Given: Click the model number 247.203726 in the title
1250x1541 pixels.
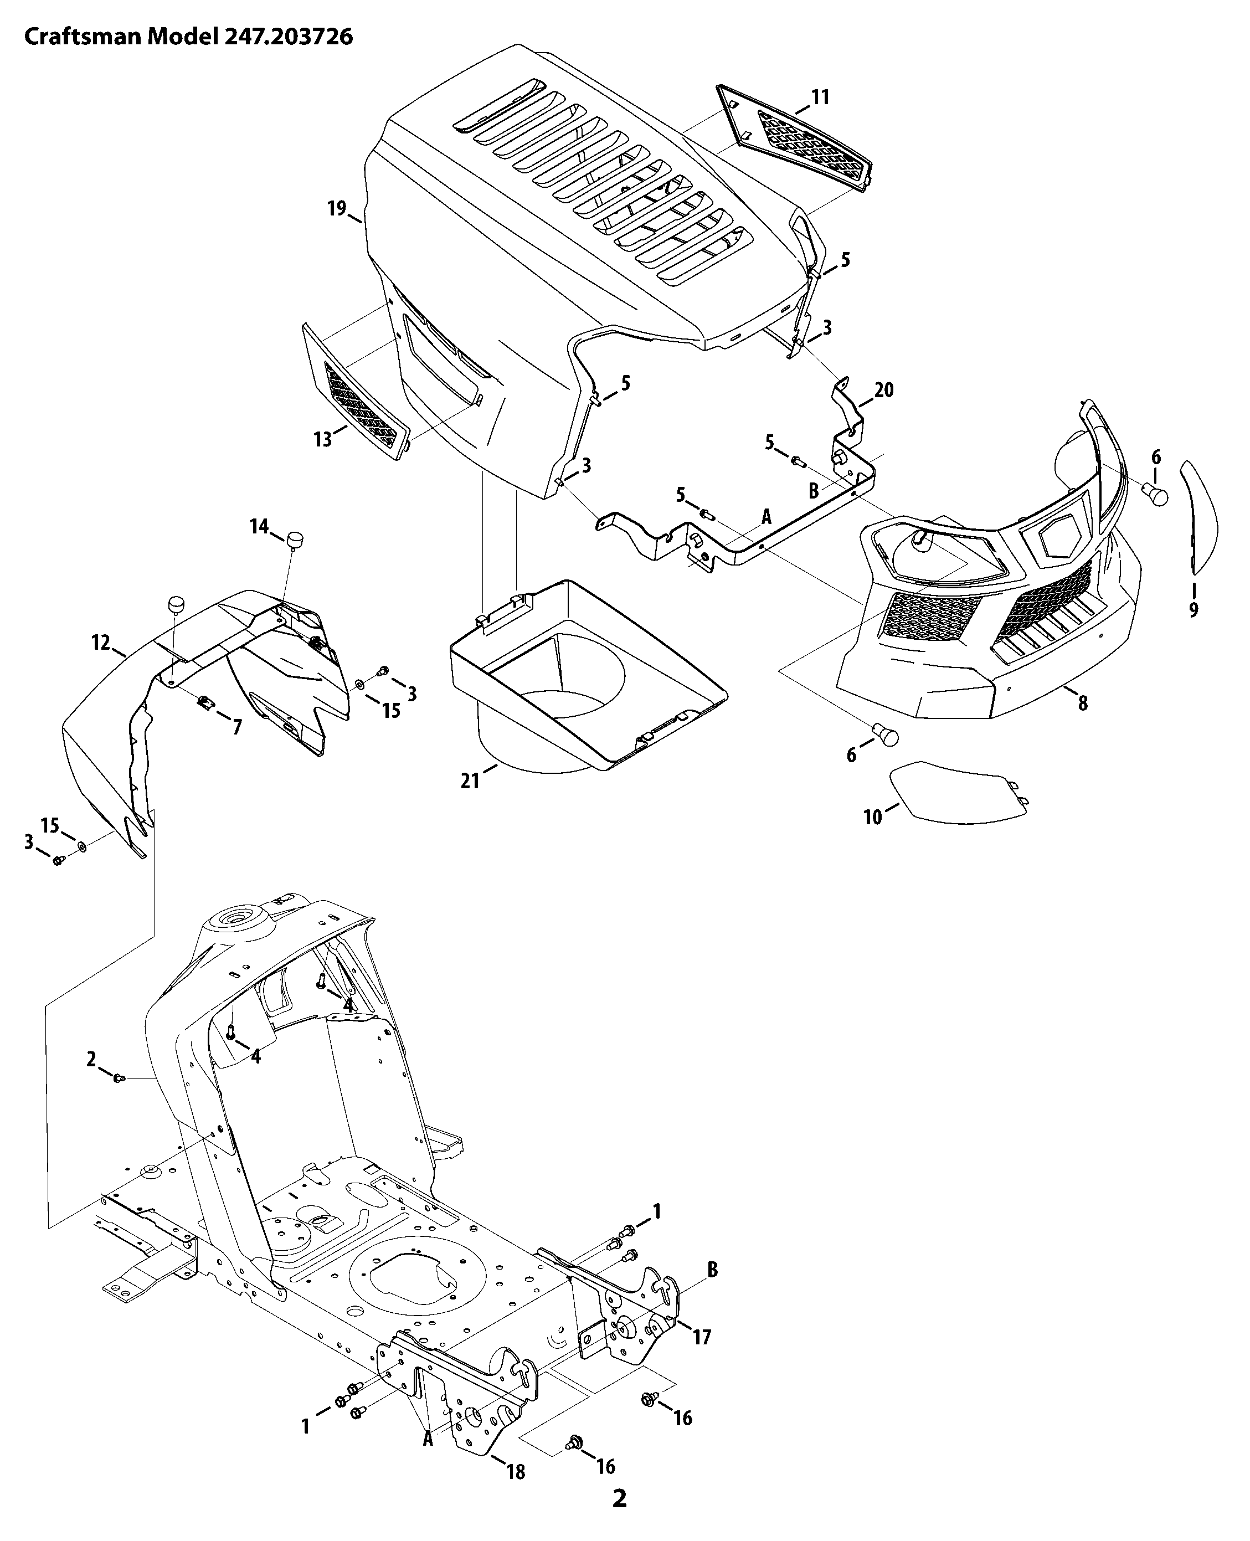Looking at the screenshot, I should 286,37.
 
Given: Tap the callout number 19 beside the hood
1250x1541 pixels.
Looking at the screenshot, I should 336,208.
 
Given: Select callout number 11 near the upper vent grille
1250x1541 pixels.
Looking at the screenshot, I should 820,97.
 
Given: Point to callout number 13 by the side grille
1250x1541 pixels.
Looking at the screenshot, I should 322,439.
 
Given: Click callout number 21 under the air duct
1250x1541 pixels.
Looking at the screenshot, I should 470,780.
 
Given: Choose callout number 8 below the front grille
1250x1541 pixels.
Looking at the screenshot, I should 1082,703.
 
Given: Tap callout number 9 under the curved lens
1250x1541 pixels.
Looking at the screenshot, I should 1193,610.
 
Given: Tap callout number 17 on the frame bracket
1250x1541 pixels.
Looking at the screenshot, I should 701,1337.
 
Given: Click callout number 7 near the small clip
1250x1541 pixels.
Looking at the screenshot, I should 237,728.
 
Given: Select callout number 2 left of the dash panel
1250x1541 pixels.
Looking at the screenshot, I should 91,1059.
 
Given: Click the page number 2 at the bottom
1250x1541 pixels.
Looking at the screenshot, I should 619,1499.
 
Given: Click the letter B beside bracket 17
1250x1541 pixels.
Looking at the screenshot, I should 712,1270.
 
